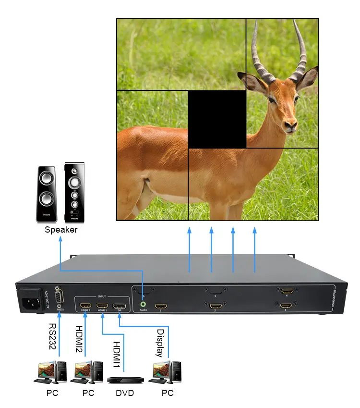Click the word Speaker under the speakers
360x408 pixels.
[61, 230]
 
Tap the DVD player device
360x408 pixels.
[125, 379]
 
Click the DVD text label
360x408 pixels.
[125, 393]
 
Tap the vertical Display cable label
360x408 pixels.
[160, 343]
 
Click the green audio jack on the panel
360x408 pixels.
[143, 304]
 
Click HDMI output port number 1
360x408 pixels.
[160, 305]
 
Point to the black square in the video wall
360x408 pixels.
[217, 119]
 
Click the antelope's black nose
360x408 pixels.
[291, 126]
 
